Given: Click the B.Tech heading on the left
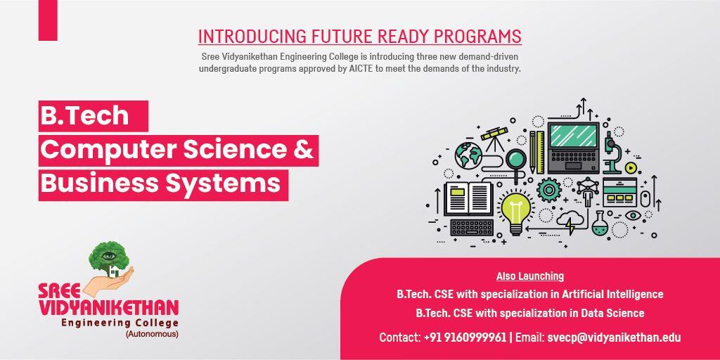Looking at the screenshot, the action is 84,116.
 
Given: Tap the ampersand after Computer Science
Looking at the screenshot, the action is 303,150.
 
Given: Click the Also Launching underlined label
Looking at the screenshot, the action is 530,276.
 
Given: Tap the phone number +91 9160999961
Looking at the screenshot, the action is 465,337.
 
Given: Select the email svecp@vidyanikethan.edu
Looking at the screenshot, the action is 614,337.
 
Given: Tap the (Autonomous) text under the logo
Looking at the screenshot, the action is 152,334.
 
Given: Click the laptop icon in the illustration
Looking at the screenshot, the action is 574,147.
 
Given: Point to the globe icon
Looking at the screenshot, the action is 468,155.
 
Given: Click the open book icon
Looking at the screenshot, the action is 468,198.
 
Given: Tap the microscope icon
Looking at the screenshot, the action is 612,153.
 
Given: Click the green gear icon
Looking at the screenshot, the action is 549,190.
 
